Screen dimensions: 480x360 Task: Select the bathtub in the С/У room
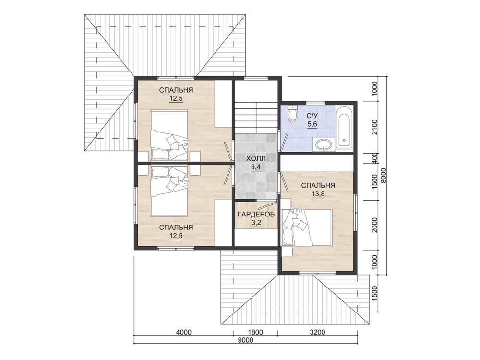(344, 128)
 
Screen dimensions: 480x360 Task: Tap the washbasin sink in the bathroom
(324, 144)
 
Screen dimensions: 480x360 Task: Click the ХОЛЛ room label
(256, 158)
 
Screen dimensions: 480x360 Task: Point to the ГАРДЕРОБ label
(256, 214)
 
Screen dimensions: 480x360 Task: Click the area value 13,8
(318, 194)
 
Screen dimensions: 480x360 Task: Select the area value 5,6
(312, 124)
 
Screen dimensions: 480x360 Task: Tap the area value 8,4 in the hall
(256, 167)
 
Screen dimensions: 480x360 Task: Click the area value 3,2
(256, 223)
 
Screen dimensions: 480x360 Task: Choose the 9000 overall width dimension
(245, 340)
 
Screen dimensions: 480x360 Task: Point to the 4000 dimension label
(184, 332)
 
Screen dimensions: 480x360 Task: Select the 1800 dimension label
(255, 332)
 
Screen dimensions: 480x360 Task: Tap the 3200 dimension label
(317, 332)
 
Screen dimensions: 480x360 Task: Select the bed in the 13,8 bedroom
(307, 227)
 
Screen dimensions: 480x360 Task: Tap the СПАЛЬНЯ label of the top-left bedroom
(176, 90)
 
